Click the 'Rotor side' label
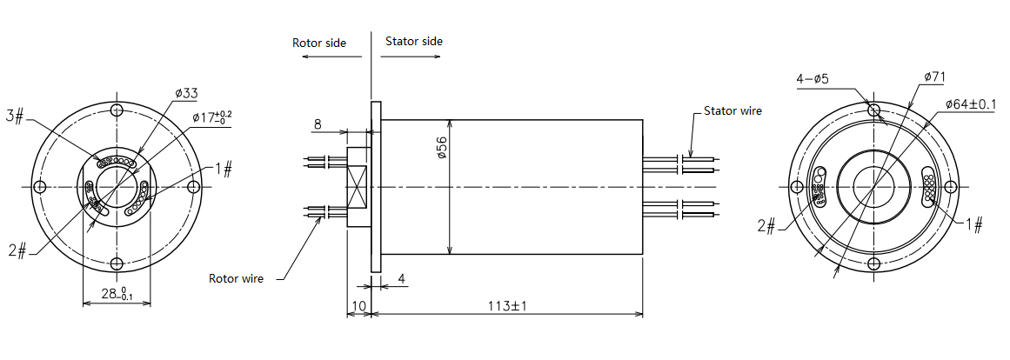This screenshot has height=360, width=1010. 320,43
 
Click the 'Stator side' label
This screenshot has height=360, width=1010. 413,41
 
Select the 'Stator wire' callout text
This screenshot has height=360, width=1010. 732,111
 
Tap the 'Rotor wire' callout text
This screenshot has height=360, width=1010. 236,278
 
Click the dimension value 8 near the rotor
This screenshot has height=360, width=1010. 318,125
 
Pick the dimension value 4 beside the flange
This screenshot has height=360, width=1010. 401,278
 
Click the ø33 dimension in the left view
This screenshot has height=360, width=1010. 186,93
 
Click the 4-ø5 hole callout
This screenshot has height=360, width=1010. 813,79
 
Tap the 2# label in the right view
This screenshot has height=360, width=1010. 766,226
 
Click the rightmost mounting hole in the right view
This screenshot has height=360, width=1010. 951,187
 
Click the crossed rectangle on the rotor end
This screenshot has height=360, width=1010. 358,187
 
